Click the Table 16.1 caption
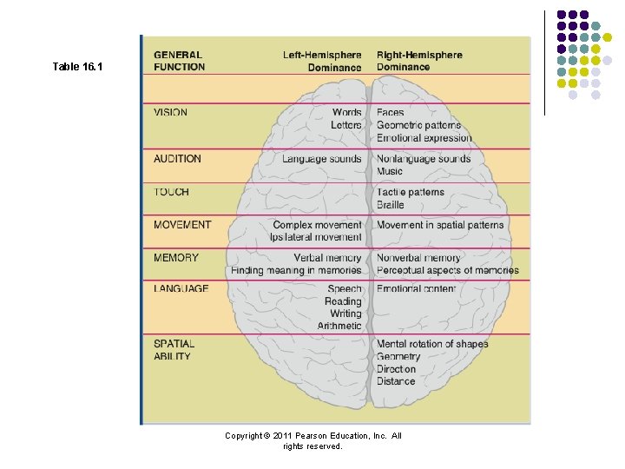77,66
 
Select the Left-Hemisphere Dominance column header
322,61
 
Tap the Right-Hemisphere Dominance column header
419,61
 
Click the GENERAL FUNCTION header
180,61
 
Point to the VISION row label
170,112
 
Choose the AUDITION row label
177,159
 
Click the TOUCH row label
171,192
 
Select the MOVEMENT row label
182,225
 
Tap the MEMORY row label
176,258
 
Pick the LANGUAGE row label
181,289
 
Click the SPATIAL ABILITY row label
174,350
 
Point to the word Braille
391,205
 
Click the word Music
390,172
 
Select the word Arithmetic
339,327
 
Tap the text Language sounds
321,159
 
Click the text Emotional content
416,289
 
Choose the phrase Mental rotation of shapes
432,344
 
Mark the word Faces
391,113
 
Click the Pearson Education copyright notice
312,440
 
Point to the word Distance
396,381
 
